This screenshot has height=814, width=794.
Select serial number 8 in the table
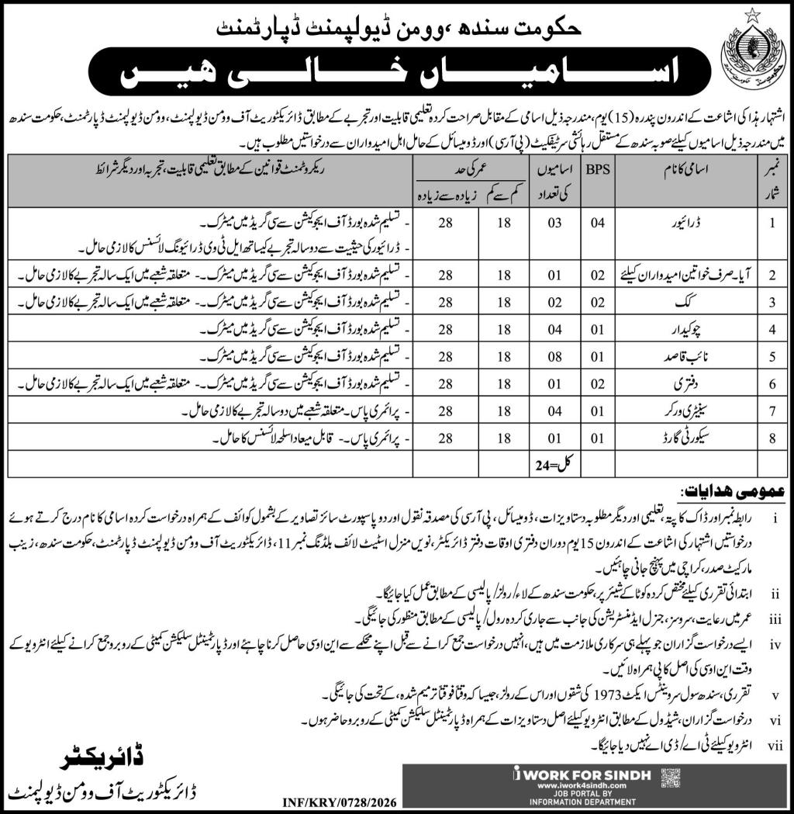[772, 438]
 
